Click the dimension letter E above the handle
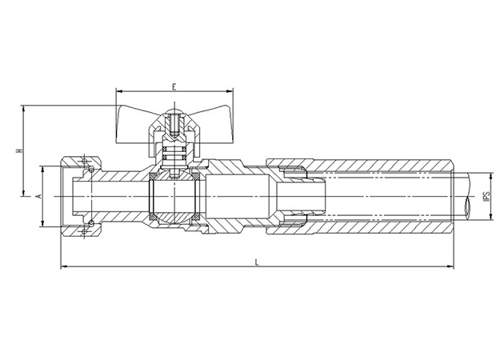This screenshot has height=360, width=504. [174, 86]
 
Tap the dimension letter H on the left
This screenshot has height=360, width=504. [18, 150]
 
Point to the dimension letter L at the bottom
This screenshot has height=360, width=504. [256, 261]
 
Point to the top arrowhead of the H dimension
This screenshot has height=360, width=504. [23, 106]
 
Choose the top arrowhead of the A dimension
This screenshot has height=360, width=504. [43, 167]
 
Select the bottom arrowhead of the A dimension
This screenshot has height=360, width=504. [43, 226]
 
